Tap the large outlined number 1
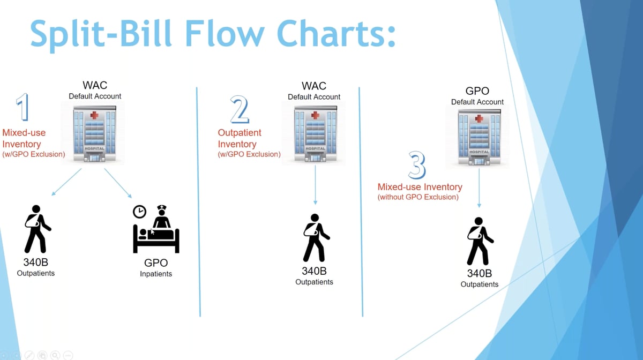coord(22,107)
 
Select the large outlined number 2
coord(239,110)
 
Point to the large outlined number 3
coord(417,166)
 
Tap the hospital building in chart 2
coord(315,134)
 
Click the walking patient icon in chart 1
coord(36,229)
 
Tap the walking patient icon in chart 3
coord(478,241)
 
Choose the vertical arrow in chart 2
coord(315,185)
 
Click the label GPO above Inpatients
coord(156,262)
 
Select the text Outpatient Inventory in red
coord(239,138)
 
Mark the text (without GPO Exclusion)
coord(418,197)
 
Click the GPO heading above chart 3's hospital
coord(477,91)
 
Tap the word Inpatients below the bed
coord(156,274)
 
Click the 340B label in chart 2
coord(314,271)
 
